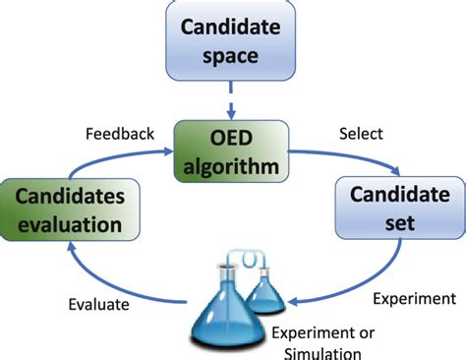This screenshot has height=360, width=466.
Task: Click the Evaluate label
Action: (x=99, y=305)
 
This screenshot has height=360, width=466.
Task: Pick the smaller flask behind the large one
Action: (x=264, y=290)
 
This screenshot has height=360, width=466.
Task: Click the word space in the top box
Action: (x=230, y=54)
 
